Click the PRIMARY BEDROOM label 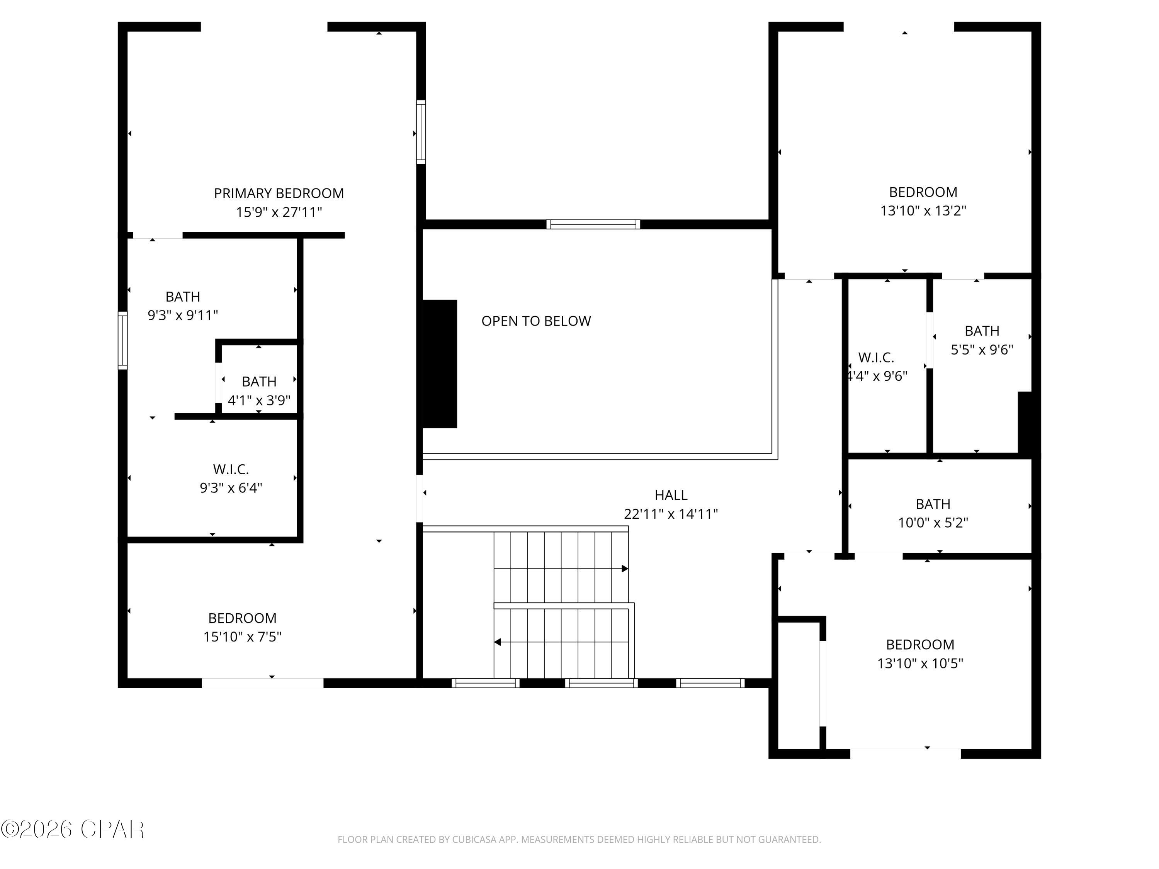[279, 193]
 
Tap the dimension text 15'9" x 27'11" [279, 212]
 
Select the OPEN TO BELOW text [536, 321]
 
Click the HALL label [671, 495]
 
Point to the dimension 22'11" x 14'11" [671, 514]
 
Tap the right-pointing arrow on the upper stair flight [625, 569]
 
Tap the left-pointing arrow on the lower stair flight [497, 642]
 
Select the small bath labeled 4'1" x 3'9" [259, 381]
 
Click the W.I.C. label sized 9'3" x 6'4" [231, 469]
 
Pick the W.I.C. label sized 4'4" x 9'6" [876, 358]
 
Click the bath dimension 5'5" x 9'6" [982, 350]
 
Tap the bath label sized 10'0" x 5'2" [933, 504]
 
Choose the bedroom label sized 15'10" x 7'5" [242, 618]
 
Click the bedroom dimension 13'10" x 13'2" [923, 210]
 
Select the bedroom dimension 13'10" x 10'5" [920, 663]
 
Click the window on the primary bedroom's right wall [421, 132]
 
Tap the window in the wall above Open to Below [593, 224]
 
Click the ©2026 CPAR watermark [72, 829]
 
